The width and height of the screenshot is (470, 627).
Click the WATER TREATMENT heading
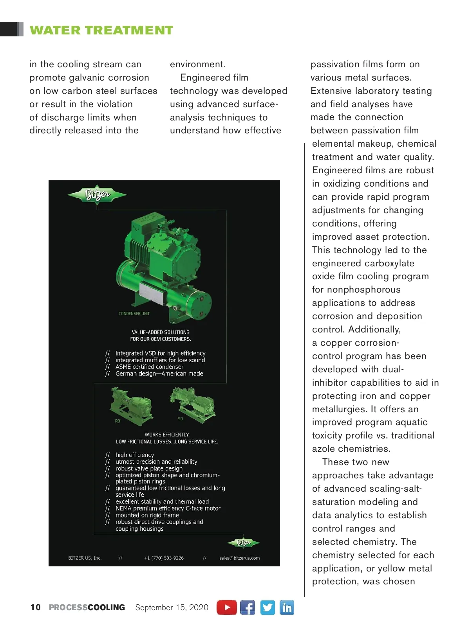click(101, 30)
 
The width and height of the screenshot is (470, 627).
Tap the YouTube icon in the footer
click(227, 607)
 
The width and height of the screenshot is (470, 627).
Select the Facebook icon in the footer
click(248, 607)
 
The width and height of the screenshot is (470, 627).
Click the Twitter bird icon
click(268, 607)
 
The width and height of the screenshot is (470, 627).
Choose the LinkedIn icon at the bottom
click(287, 607)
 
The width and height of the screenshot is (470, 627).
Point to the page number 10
click(35, 607)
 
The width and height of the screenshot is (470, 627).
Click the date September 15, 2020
click(172, 607)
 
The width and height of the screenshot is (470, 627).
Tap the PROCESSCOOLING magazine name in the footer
click(87, 607)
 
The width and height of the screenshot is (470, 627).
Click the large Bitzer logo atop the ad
click(97, 194)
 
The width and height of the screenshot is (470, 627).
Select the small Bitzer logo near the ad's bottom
click(244, 543)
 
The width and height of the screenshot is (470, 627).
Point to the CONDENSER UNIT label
click(134, 314)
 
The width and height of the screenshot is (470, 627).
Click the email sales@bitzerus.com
click(239, 558)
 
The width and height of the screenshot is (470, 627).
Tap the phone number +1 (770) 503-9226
click(164, 558)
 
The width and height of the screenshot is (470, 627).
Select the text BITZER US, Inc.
click(85, 558)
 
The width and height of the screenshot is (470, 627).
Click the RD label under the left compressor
click(117, 421)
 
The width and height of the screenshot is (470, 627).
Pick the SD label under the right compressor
click(180, 419)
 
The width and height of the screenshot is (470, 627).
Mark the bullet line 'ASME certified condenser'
click(149, 367)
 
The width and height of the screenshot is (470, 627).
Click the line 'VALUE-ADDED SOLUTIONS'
click(161, 332)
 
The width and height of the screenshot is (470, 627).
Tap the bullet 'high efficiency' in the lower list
click(135, 455)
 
